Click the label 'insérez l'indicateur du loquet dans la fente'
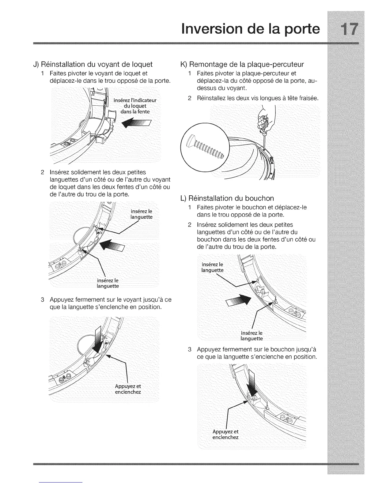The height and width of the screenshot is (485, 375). [135, 106]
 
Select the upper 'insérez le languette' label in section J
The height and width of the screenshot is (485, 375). [141, 214]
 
